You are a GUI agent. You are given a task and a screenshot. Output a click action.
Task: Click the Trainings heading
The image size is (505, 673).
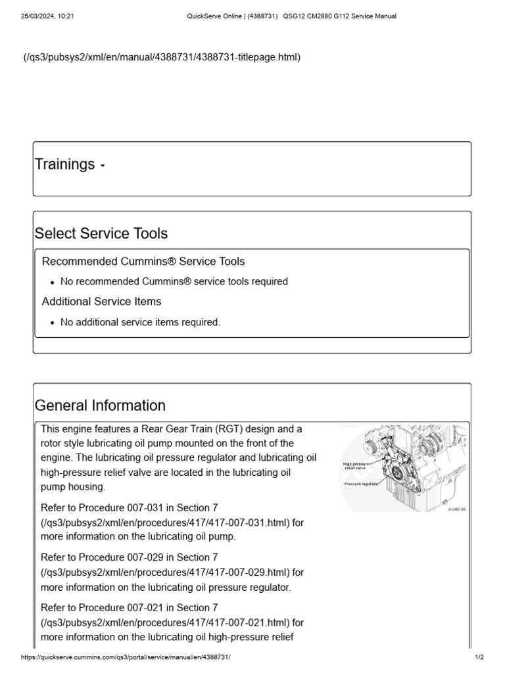pos(64,164)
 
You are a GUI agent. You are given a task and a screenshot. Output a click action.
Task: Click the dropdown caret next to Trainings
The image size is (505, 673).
pos(103,166)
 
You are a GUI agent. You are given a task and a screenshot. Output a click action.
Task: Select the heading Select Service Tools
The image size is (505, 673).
pos(101,233)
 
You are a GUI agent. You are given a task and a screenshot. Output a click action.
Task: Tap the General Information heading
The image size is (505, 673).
pos(100,405)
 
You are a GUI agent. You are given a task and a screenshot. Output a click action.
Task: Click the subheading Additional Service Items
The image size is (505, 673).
pos(101,302)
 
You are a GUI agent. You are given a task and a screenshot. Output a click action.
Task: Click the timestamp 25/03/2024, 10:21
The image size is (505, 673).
pos(47,16)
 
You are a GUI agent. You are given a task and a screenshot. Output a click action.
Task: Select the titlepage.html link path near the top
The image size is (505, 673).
pos(162,57)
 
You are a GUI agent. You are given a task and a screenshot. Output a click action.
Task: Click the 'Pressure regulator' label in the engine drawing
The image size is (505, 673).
pos(361,484)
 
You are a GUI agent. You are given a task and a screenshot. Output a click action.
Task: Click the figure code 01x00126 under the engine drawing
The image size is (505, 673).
pos(456,509)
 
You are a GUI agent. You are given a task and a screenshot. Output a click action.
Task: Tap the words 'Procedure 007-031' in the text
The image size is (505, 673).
pos(110,508)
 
